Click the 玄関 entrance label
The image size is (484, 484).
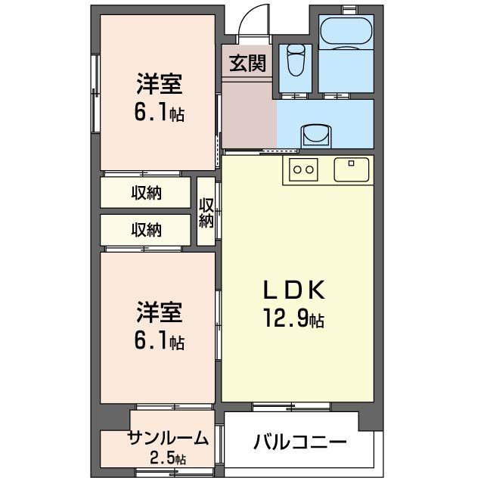tap(247, 63)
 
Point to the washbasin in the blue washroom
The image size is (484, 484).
tap(316, 135)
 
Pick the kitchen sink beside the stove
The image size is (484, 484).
tap(352, 169)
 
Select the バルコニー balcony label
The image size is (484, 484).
tap(299, 442)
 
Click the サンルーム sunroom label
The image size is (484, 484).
tap(167, 438)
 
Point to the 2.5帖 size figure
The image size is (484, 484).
tap(167, 458)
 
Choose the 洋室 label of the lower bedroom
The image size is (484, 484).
tap(159, 312)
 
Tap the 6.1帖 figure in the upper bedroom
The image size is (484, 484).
tap(159, 113)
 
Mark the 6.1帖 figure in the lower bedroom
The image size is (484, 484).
tap(159, 341)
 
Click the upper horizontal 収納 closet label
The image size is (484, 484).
tap(146, 193)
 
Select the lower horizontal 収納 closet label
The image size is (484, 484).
tap(146, 230)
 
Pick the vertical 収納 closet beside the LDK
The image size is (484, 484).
tap(206, 212)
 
